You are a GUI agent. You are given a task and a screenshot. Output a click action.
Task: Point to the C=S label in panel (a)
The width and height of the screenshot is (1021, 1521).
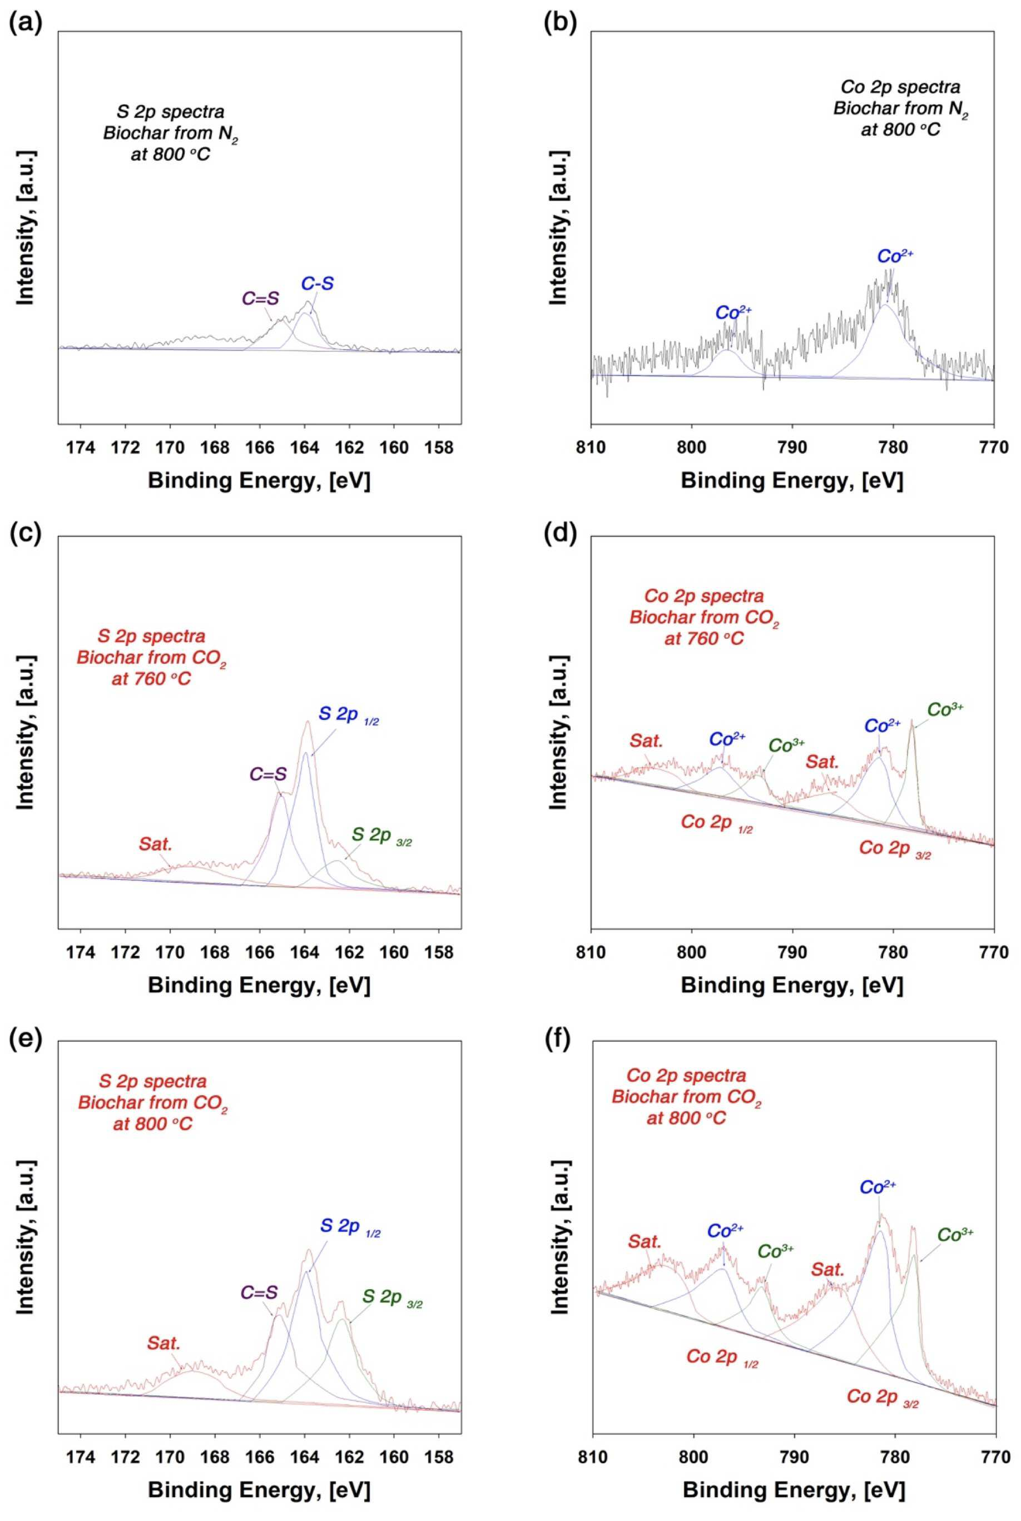coord(260,298)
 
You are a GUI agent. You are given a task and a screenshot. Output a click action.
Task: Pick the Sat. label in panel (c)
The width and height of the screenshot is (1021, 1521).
coord(156,844)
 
